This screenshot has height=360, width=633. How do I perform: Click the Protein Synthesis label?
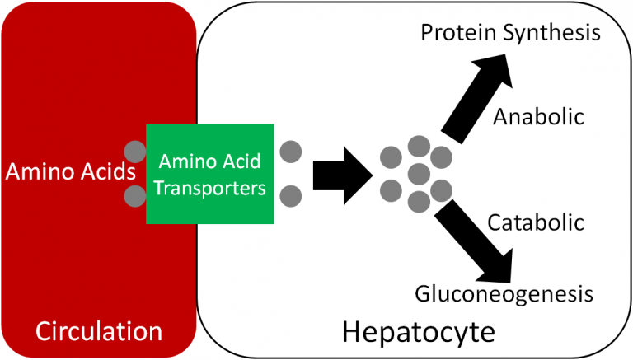point(509,34)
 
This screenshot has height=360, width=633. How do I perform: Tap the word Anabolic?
point(538,116)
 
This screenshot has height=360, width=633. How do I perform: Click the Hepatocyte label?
point(419,332)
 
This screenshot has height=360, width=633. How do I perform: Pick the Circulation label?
point(98,332)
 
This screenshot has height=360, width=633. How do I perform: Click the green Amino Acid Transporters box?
point(209,174)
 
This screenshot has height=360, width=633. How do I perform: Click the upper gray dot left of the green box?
point(134,152)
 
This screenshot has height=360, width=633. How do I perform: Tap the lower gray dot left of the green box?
point(134,196)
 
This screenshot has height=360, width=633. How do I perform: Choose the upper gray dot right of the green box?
point(290,152)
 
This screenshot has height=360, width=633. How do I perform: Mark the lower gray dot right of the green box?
point(290,196)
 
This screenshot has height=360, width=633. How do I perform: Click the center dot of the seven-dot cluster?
point(419,174)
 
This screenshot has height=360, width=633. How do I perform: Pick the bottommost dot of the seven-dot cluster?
point(419,201)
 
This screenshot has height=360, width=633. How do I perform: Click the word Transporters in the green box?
point(209,189)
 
